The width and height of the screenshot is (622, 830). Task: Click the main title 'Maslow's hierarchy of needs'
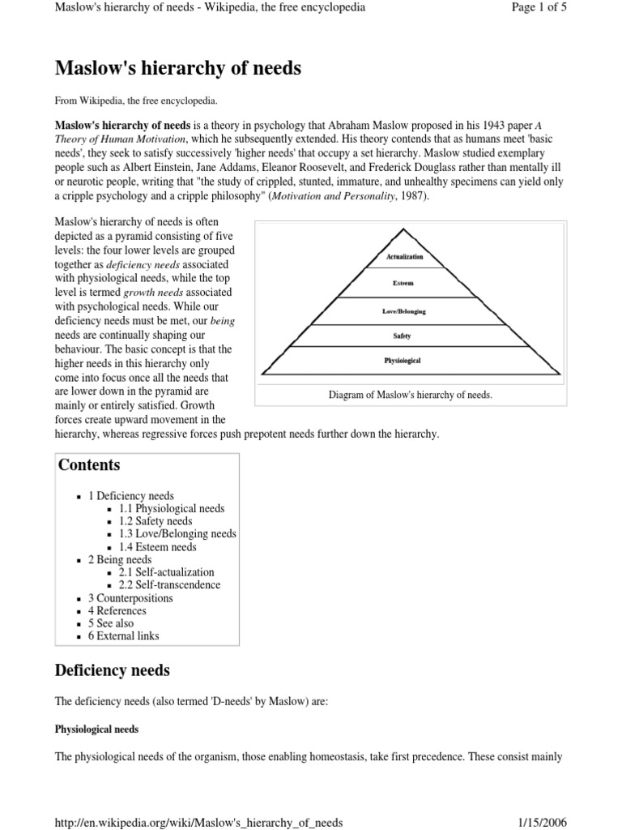point(177,69)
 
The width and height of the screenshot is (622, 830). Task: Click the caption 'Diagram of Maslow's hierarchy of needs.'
point(411,395)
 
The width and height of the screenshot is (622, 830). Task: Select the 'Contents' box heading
point(88,465)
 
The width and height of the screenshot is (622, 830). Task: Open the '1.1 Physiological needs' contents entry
point(172,508)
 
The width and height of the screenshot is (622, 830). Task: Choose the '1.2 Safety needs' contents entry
point(155,521)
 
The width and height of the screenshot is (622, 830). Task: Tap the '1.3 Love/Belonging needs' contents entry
point(177,534)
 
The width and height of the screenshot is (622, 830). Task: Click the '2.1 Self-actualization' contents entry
point(166,572)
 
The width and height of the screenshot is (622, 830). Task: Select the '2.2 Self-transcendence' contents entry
point(169,585)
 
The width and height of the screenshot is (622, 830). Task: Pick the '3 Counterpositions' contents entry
point(130,598)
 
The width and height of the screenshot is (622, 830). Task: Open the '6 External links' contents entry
point(124,636)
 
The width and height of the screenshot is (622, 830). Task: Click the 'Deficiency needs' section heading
point(112,670)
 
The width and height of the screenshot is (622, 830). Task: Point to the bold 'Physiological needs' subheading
point(96,729)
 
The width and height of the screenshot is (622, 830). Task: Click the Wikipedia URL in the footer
point(198,822)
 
